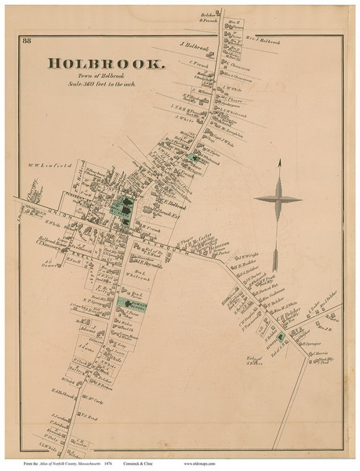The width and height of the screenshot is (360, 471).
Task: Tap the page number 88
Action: (x=27, y=41)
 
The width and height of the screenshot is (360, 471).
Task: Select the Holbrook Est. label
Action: (x=167, y=214)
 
